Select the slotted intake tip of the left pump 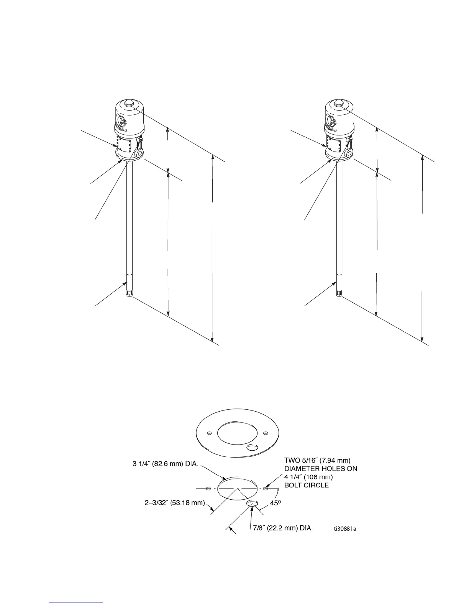point(129,294)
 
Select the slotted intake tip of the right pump point(339,294)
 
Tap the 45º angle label point(276,504)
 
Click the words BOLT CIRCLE point(306,485)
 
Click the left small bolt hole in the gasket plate point(209,433)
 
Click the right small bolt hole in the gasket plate point(265,433)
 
